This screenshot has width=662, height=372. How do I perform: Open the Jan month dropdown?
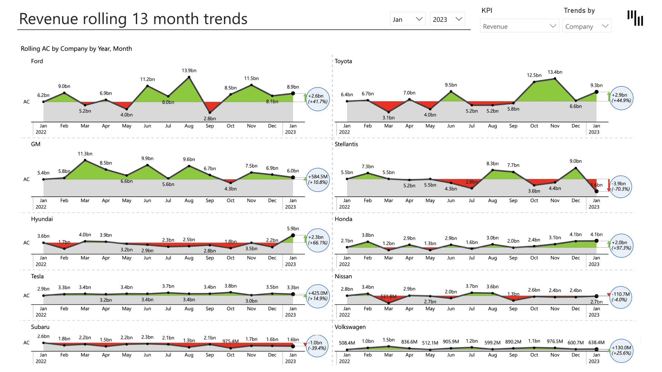(407, 19)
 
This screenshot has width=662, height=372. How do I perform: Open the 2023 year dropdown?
(447, 19)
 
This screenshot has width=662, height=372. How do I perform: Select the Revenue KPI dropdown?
(519, 26)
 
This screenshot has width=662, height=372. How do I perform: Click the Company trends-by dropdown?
(586, 26)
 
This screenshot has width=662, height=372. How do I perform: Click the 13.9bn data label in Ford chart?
(189, 71)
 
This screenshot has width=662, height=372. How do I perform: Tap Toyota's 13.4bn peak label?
(555, 72)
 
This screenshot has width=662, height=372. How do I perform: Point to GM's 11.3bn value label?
(85, 154)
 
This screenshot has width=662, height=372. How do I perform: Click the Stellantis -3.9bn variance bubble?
(620, 186)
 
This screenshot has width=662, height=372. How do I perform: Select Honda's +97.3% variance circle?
(621, 245)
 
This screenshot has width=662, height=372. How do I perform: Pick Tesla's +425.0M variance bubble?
(318, 296)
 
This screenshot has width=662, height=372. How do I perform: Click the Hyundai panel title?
(42, 219)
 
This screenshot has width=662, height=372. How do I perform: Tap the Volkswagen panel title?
(350, 327)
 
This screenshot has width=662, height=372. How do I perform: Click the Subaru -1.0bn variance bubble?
(317, 345)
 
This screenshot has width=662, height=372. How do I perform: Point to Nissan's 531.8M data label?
(388, 297)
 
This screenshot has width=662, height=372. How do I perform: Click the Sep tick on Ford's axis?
(210, 126)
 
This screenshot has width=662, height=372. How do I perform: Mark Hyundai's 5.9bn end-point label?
(293, 229)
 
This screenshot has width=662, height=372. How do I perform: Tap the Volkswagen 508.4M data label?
(347, 343)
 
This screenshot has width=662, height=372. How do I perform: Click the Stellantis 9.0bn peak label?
(575, 161)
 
